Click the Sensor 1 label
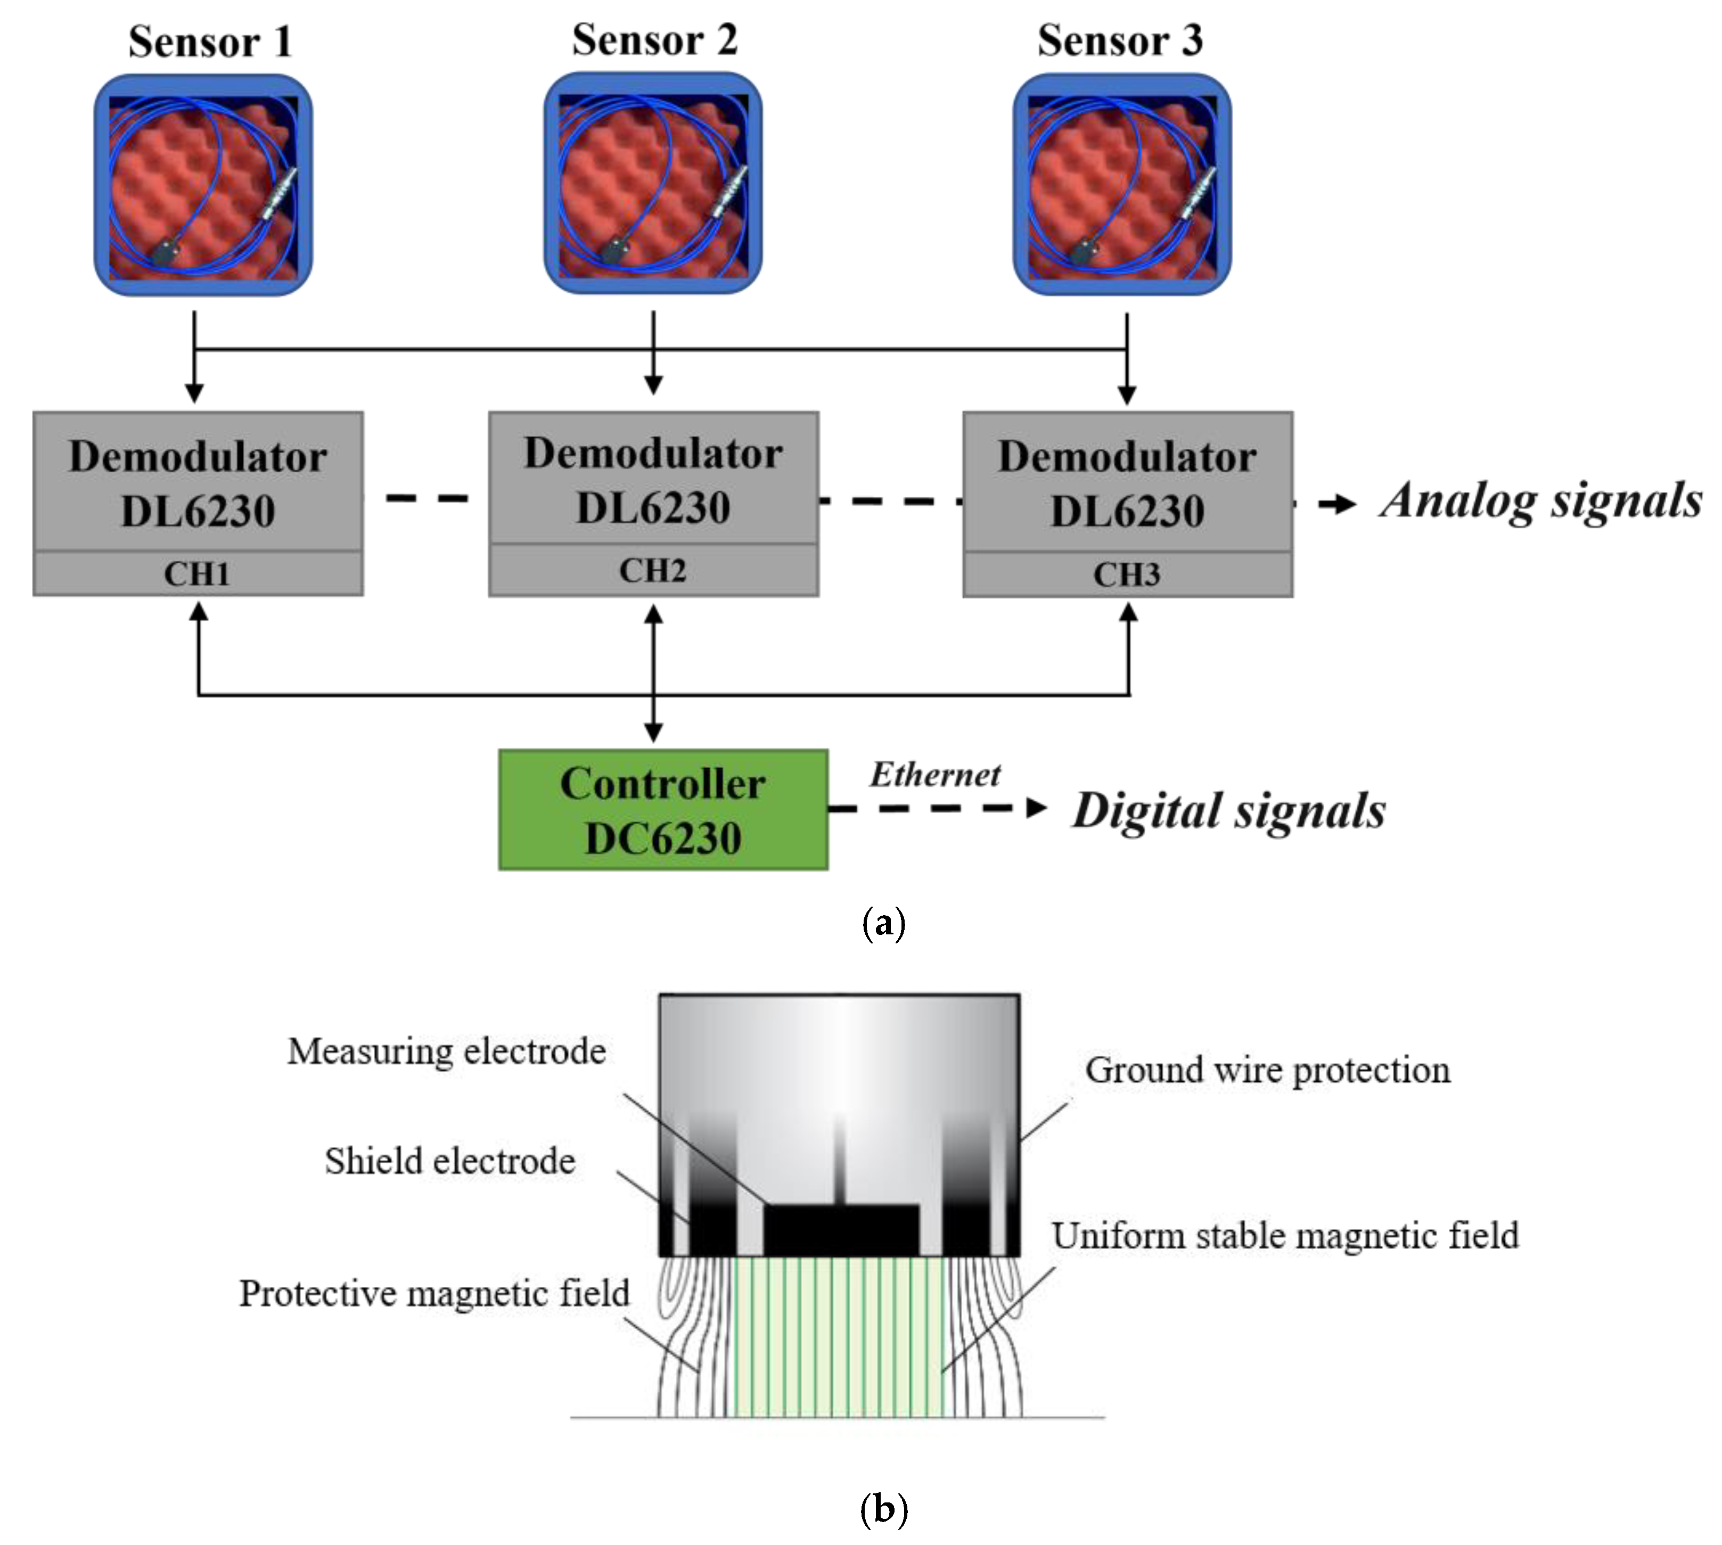coord(210,42)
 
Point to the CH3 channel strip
coord(1127,574)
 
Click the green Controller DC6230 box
coord(662,809)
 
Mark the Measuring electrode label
coord(447,1051)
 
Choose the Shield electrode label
coord(450,1161)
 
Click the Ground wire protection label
coord(1267,1070)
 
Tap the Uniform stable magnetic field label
coord(1284,1235)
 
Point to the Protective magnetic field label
coord(434,1293)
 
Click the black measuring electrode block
coord(841,1229)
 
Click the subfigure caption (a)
coord(883,922)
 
